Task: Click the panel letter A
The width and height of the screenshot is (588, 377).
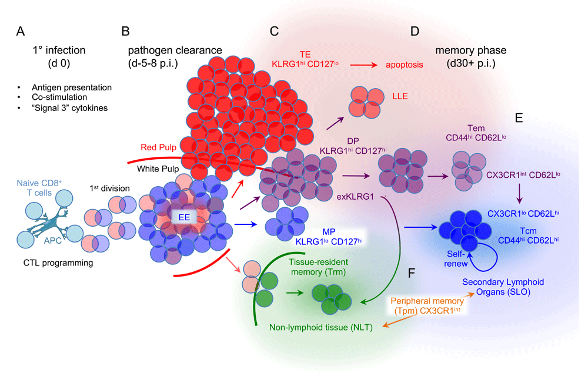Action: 21,31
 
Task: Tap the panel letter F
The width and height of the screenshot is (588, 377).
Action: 412,273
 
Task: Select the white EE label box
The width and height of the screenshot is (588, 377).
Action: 183,217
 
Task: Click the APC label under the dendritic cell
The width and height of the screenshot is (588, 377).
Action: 52,241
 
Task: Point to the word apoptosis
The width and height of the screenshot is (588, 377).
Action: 405,65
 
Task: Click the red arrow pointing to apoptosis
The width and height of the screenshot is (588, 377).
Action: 363,65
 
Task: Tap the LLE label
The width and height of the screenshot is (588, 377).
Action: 400,96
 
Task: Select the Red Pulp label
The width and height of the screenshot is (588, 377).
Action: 158,147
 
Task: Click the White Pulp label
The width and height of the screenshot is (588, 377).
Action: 158,169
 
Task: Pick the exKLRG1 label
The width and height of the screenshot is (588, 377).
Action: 355,197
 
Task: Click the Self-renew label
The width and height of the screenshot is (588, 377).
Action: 456,259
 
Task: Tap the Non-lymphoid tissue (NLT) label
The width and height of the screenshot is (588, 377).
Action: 321,328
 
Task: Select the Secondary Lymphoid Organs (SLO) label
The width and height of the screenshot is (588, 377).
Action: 503,287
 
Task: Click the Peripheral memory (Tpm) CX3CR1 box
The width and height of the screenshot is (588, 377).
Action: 427,306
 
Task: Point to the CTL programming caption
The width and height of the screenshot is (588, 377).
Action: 58,263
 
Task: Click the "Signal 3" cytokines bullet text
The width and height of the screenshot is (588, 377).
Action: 70,108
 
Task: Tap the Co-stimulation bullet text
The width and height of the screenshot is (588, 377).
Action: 59,97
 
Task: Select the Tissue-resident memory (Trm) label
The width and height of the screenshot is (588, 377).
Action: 318,267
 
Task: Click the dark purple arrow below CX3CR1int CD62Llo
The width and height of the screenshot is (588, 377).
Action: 519,193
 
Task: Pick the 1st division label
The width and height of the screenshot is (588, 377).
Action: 109,188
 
